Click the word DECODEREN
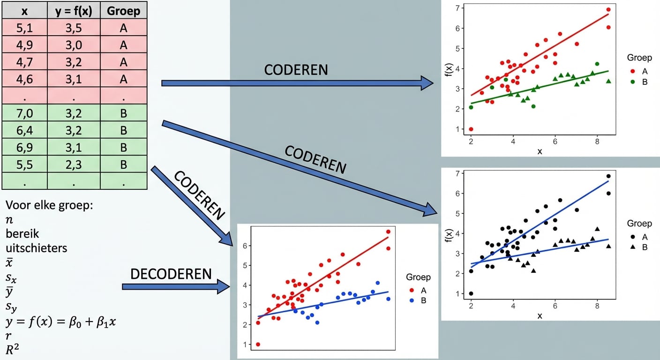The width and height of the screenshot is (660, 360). tap(171, 274)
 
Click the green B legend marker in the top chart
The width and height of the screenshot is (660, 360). tap(632, 82)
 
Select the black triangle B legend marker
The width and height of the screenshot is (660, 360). tap(632, 247)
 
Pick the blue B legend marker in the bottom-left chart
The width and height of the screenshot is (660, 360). tap(412, 300)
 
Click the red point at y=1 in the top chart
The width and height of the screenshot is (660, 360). tap(471, 129)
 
